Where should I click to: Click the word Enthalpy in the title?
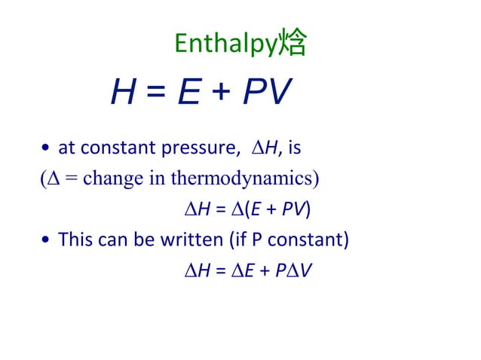(225, 44)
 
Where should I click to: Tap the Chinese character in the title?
(293, 44)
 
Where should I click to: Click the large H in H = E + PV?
(124, 93)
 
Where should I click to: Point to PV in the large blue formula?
(266, 93)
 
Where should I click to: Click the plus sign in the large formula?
(223, 95)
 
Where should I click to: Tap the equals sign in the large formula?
(155, 95)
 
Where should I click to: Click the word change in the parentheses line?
(106, 179)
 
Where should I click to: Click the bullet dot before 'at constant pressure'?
(47, 149)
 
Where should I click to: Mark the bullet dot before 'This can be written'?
(47, 241)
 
